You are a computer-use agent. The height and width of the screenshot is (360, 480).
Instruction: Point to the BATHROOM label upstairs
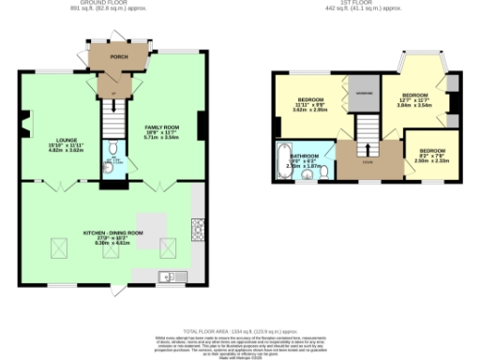pyautogui.click(x=305, y=156)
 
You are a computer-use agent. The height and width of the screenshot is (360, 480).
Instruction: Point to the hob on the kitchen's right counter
pyautogui.click(x=198, y=227)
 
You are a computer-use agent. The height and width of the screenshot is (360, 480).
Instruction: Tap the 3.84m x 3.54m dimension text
pyautogui.click(x=414, y=106)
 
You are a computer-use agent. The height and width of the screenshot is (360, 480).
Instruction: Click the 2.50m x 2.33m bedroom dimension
pyautogui.click(x=432, y=160)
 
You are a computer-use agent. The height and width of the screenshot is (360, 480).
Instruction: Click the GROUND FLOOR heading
pyautogui.click(x=104, y=3)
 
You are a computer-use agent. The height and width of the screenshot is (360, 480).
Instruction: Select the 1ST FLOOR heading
pyautogui.click(x=364, y=3)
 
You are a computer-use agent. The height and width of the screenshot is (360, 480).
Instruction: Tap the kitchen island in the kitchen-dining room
pyautogui.click(x=155, y=224)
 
